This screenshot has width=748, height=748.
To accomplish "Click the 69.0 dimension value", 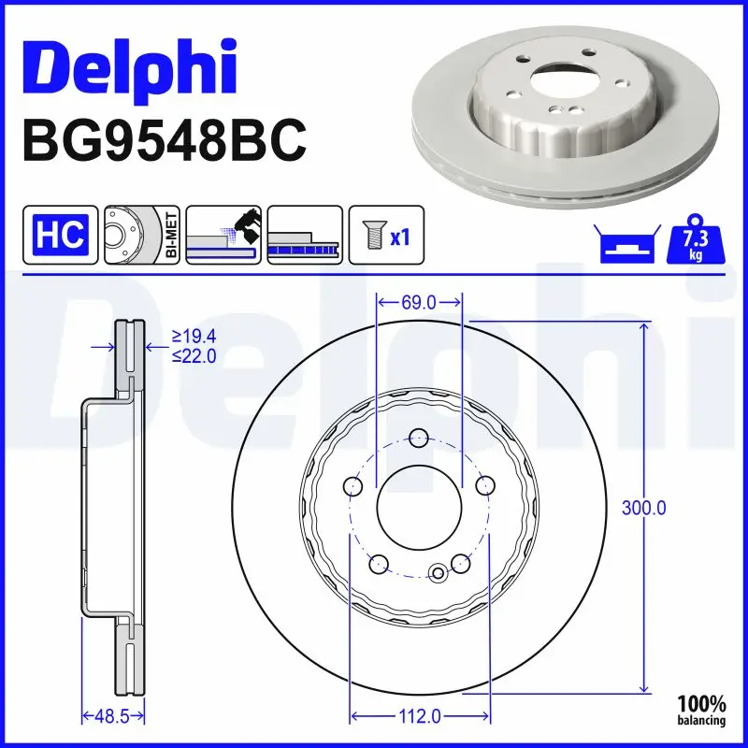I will point(419,302).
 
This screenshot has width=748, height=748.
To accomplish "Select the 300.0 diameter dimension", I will point(643,509).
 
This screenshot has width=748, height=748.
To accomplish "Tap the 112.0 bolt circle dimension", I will point(419,717).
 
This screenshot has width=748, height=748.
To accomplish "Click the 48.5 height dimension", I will point(112,717).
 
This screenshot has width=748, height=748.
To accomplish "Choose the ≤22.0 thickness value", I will point(194,355).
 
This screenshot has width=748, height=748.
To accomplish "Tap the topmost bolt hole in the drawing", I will point(419,437).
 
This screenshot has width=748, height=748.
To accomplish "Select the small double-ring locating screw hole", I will point(439,573).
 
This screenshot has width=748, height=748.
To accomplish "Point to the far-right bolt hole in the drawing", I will point(484,485).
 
